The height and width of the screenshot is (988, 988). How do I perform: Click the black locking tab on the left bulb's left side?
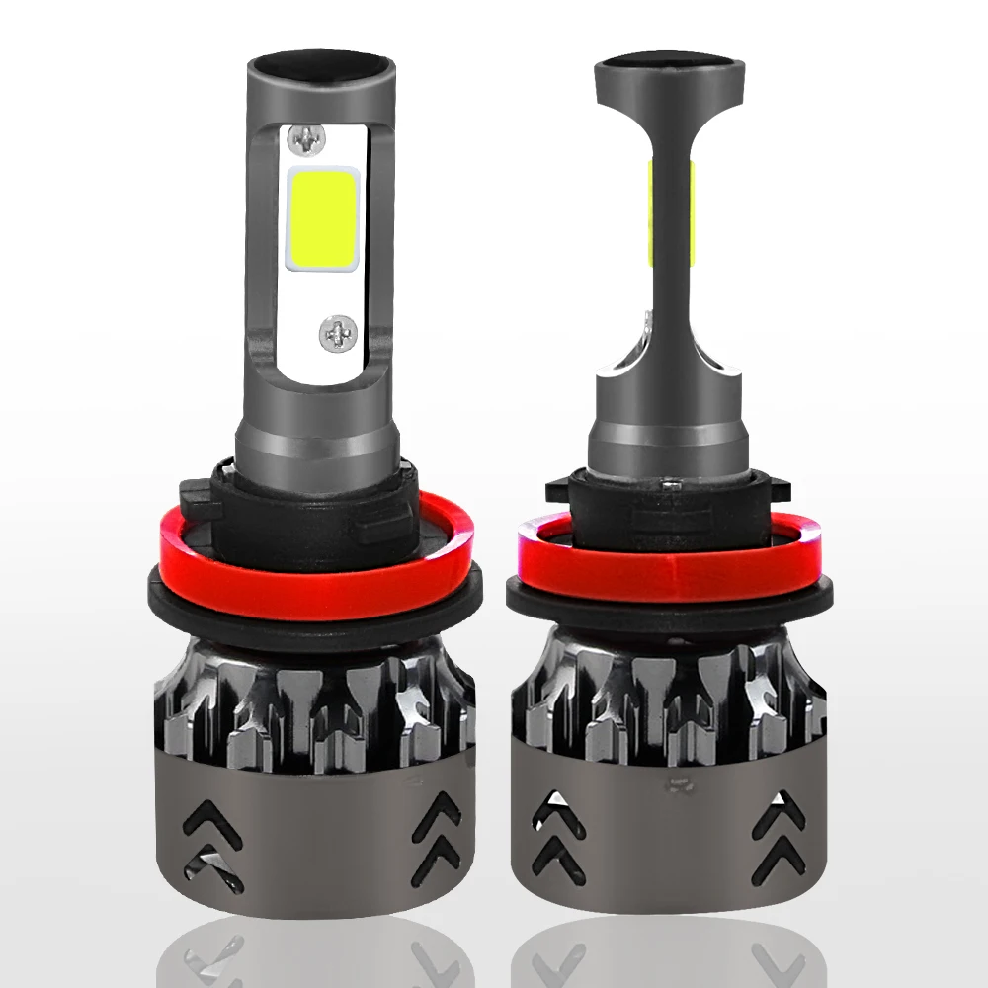pos(195,491)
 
